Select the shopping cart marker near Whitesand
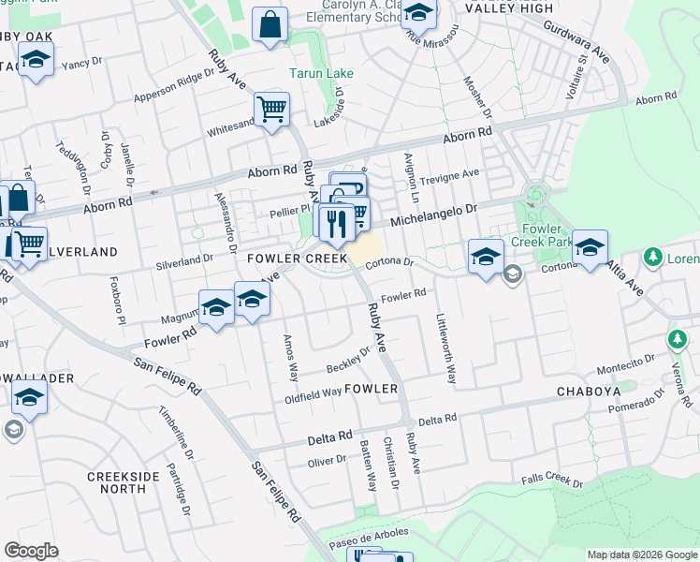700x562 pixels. (271, 109)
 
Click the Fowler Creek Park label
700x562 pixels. (543, 235)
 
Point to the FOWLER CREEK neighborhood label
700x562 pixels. (297, 258)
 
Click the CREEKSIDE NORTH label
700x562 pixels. (123, 482)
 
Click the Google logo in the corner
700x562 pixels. (31, 550)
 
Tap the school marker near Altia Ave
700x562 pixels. (590, 248)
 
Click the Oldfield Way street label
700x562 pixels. (314, 393)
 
